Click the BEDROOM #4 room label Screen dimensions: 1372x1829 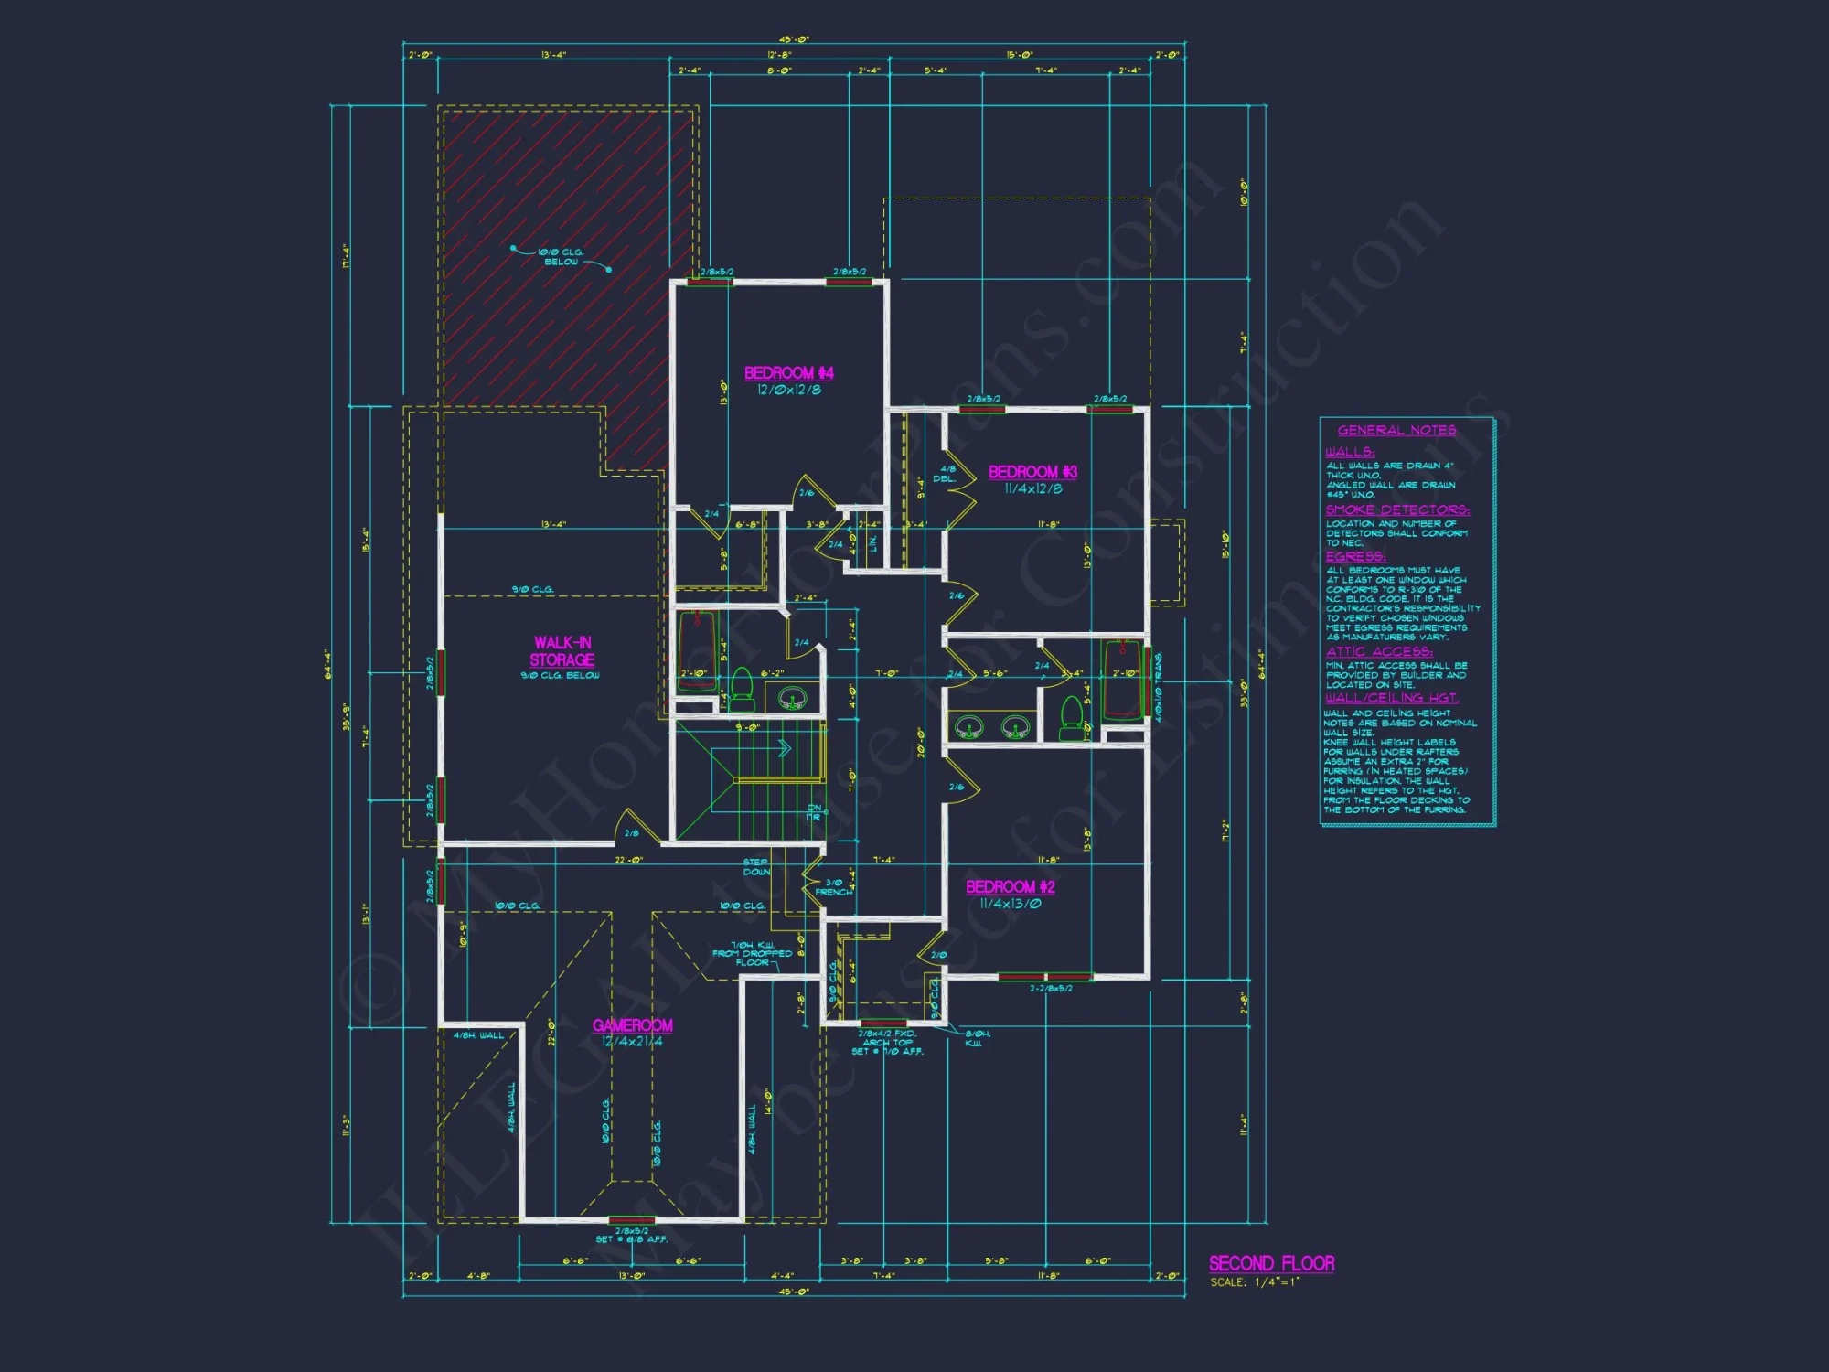(788, 373)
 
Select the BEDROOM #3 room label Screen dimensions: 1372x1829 (1032, 472)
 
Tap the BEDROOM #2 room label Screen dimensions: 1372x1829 (1010, 886)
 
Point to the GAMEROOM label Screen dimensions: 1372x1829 (632, 1025)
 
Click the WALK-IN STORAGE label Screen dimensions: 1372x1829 (563, 651)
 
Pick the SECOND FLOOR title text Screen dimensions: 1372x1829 (1271, 1263)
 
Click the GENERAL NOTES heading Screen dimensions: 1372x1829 (1396, 430)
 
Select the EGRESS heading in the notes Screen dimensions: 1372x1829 (1355, 556)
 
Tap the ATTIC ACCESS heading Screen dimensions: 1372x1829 (1379, 651)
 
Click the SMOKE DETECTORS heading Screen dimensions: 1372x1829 (1397, 509)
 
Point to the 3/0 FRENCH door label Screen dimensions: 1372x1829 (833, 887)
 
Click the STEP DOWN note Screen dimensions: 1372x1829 (756, 867)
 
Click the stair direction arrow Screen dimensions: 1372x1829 (782, 749)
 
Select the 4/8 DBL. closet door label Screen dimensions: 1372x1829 (945, 474)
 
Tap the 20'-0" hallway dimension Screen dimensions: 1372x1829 (922, 742)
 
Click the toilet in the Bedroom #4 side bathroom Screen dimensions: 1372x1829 (742, 691)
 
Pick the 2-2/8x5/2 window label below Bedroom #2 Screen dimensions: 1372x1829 (1050, 989)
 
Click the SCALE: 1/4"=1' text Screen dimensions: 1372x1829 (1254, 1282)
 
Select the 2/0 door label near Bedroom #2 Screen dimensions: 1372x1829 (938, 955)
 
